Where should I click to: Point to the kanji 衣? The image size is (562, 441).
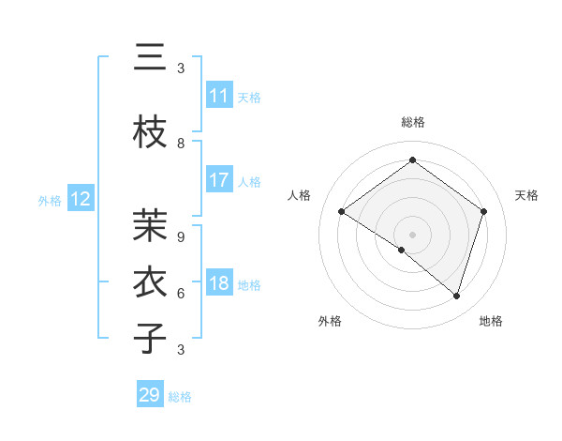pos(150,281)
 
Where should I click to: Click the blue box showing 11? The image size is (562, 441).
pos(219,96)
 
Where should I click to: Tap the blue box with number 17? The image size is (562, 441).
pos(219,180)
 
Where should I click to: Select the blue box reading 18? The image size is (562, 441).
pos(219,283)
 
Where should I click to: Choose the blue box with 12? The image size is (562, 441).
pos(81,199)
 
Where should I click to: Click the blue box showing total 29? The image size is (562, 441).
pos(150,395)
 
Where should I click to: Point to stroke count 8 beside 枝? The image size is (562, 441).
pos(181,144)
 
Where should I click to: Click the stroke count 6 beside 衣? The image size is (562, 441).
pos(181,293)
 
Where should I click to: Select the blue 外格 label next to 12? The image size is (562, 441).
pos(49,200)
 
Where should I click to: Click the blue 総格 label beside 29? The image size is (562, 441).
pos(180,397)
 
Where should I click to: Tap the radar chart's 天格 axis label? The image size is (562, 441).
pos(526,195)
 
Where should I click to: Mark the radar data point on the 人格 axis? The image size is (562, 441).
pos(341,212)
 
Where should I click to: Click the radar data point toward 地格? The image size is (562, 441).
pos(456,297)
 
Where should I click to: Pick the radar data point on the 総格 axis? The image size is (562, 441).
pos(412,160)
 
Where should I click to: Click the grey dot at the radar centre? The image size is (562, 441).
pos(412,234)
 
